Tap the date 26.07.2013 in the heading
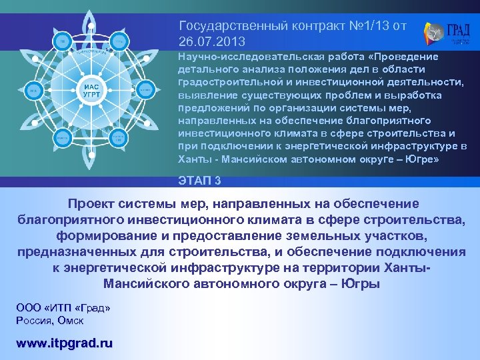tap(207, 41)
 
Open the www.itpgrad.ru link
tap(64, 343)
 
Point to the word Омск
tap(70, 321)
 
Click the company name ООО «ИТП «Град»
tap(63, 308)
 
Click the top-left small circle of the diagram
tap(61, 42)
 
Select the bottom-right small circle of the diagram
tap(118, 137)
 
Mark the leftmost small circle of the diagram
tap(32, 89)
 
